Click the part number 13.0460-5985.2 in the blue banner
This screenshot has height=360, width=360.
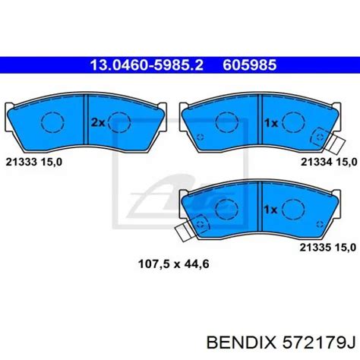(147, 65)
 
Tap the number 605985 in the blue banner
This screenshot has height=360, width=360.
(249, 65)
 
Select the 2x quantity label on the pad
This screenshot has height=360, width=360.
(98, 123)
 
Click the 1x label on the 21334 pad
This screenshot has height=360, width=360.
(271, 123)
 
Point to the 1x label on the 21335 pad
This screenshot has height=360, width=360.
(270, 210)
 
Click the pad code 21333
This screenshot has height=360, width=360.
(21, 162)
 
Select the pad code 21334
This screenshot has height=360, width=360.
(317, 162)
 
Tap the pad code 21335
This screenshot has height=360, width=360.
(316, 248)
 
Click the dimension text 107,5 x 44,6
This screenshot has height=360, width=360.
(174, 264)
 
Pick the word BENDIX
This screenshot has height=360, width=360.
(241, 343)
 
